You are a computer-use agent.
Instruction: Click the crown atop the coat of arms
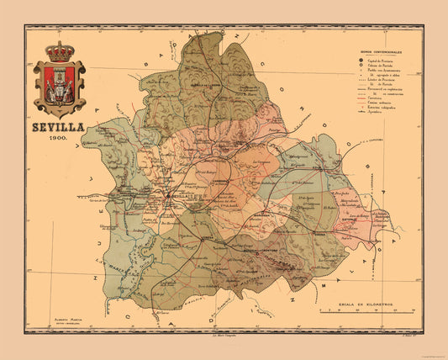(x=60, y=51)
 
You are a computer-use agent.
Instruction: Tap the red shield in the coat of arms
(x=59, y=84)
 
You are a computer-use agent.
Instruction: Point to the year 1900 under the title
(x=59, y=137)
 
